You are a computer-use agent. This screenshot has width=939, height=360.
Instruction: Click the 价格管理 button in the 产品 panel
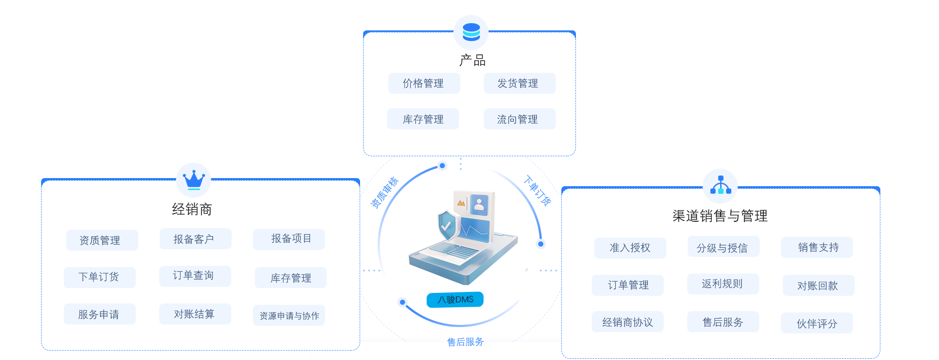point(424,83)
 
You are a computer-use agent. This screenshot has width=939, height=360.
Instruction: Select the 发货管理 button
point(519,83)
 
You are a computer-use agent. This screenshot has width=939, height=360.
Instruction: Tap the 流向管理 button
point(519,119)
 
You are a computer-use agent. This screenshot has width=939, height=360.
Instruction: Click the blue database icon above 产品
point(471,32)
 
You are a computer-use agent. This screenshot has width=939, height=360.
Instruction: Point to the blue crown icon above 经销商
point(194,180)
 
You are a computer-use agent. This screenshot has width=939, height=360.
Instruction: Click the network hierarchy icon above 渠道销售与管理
point(721,185)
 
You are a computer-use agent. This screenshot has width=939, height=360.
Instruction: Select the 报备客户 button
point(195,239)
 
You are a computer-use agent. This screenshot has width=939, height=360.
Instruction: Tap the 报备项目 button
point(289,239)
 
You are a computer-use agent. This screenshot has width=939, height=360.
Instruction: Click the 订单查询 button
point(195,276)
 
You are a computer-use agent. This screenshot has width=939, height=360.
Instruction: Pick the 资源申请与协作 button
point(289,315)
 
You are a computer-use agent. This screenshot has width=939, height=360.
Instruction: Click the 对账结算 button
point(195,314)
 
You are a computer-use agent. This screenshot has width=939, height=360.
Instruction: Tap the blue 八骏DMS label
point(455,299)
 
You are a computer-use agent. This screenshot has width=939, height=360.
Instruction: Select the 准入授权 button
point(630,248)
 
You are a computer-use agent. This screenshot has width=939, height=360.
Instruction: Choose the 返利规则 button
point(723,284)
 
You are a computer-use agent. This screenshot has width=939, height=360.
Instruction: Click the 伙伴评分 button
point(817,323)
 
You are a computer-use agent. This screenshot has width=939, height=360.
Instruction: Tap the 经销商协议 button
point(627,322)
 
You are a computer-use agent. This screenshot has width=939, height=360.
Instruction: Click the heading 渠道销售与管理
point(720,216)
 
